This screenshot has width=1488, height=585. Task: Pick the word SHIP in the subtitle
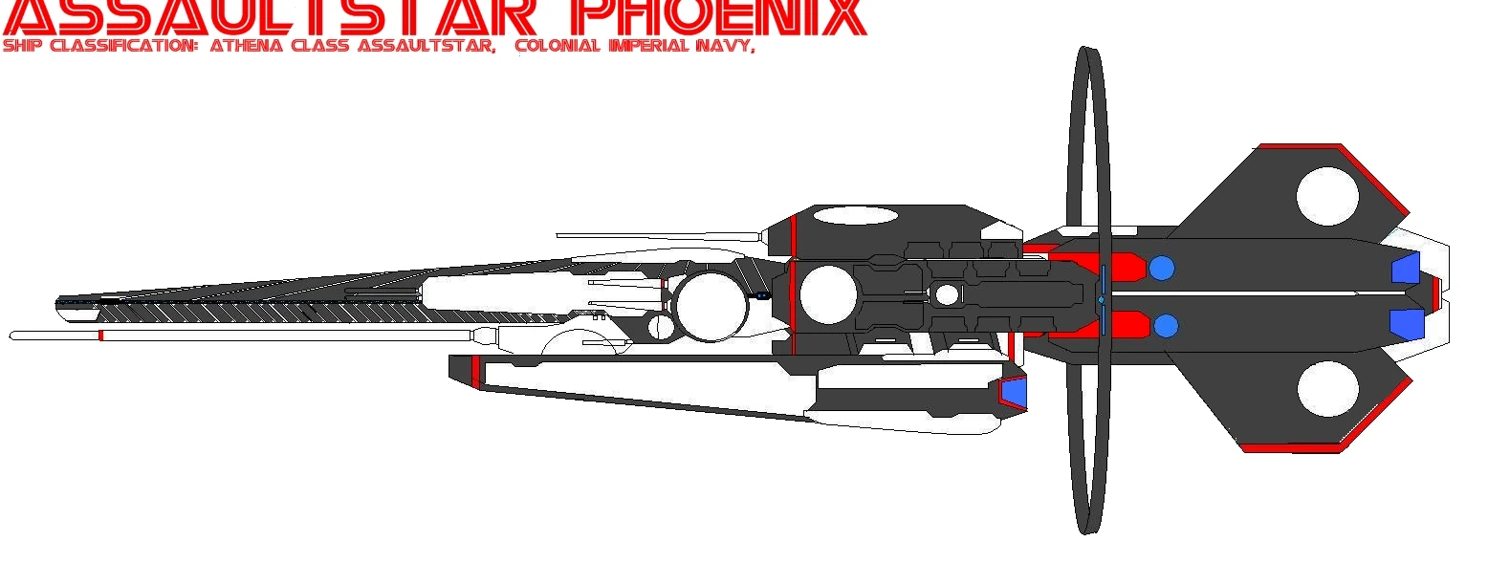click(23, 46)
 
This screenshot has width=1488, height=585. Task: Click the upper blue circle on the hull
click(1161, 268)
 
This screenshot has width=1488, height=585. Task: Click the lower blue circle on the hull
click(1166, 327)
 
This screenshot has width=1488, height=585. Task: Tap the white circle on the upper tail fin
click(1327, 196)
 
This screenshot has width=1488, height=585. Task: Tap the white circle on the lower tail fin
click(1328, 389)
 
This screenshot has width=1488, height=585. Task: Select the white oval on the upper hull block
click(855, 215)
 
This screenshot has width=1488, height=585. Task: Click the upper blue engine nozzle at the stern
click(1405, 269)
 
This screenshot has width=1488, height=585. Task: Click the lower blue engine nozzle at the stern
click(1407, 324)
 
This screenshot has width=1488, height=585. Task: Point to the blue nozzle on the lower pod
click(1013, 392)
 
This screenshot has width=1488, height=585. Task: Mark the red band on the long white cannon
click(100, 336)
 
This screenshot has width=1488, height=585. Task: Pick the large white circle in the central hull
click(827, 294)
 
